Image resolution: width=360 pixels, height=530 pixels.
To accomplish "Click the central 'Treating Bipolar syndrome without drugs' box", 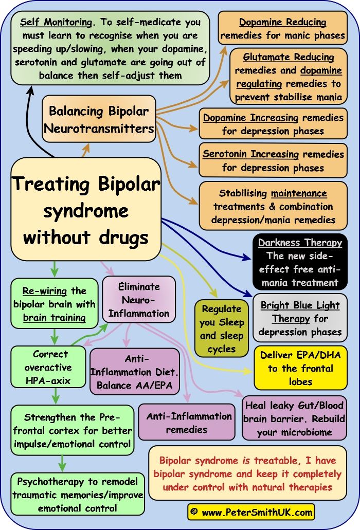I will pyautogui.click(x=85, y=210).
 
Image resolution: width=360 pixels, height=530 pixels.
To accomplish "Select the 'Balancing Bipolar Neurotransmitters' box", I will pyautogui.click(x=99, y=119).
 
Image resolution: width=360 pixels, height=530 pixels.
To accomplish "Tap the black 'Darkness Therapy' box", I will pyautogui.click(x=300, y=262).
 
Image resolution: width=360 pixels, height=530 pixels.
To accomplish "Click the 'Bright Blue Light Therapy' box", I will pyautogui.click(x=300, y=318).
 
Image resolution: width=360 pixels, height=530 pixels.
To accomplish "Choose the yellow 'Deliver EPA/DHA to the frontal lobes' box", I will pyautogui.click(x=300, y=368).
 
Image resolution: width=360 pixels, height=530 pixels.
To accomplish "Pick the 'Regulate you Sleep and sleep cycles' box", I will pyautogui.click(x=222, y=329).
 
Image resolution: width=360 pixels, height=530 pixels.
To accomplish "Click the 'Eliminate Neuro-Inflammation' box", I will pyautogui.click(x=139, y=300).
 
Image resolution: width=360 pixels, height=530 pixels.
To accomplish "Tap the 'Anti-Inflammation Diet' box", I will pyautogui.click(x=134, y=372).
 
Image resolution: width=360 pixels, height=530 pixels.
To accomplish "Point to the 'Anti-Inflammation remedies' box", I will pyautogui.click(x=189, y=423).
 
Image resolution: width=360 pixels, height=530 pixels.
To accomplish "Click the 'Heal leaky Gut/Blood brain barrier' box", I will pyautogui.click(x=295, y=418).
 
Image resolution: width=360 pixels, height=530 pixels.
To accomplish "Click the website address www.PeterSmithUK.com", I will pyautogui.click(x=257, y=512).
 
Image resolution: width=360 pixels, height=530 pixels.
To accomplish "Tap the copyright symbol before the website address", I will pyautogui.click(x=194, y=512).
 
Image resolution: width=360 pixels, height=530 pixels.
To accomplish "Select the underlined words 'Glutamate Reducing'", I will pyautogui.click(x=289, y=57).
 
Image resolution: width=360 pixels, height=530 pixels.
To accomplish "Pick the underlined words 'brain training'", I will pyautogui.click(x=54, y=317).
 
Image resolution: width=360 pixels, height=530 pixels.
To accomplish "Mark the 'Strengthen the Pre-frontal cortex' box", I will pyautogui.click(x=71, y=430).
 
